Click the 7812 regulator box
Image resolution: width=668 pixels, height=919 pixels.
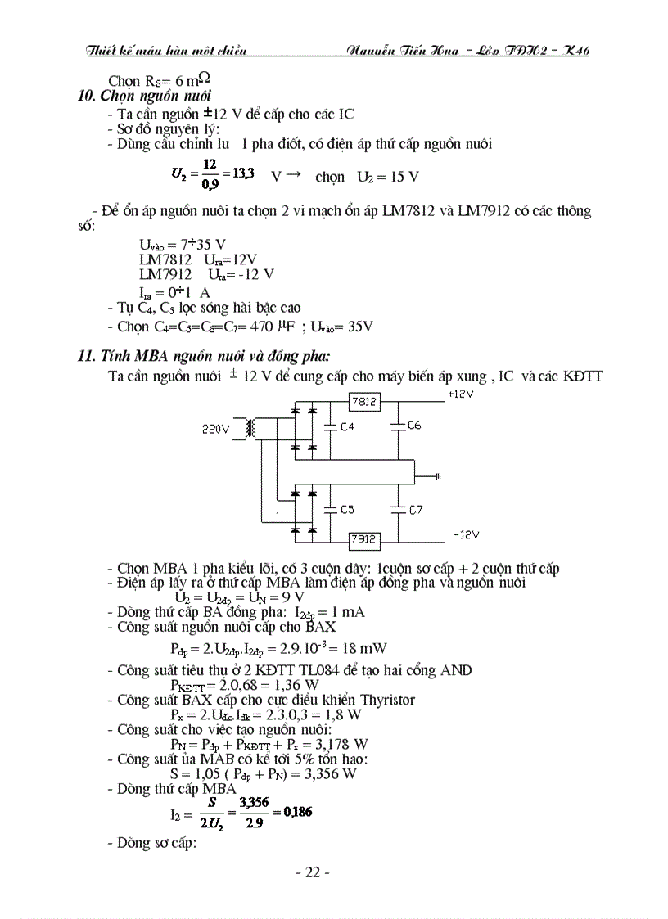[363, 402]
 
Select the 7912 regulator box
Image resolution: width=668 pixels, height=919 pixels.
[363, 539]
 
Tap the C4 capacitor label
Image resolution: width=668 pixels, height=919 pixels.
[346, 426]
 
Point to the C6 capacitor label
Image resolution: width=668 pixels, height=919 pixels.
[414, 426]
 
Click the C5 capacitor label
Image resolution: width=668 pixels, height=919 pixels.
[346, 509]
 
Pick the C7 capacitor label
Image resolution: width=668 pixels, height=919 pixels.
[415, 509]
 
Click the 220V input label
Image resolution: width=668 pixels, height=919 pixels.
[216, 428]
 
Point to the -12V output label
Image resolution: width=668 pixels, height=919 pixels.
[466, 534]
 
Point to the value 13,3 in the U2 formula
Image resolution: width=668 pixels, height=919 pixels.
[243, 173]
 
